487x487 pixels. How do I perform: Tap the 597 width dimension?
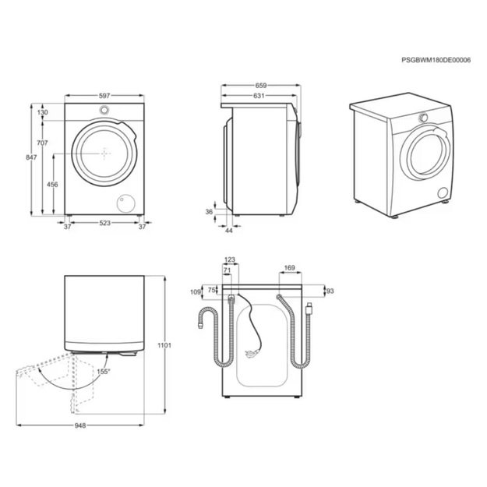(x=104, y=96)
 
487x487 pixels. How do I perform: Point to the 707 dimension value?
(x=43, y=143)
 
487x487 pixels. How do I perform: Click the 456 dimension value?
(x=53, y=185)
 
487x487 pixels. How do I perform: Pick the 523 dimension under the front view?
(x=104, y=224)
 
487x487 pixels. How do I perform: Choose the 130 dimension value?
(x=43, y=113)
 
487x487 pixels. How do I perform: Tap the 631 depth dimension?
(x=258, y=96)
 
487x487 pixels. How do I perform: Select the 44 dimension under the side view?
(x=228, y=231)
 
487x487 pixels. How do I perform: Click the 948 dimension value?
(x=80, y=425)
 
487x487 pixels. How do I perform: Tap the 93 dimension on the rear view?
(x=329, y=291)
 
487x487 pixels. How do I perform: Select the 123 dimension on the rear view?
(x=229, y=259)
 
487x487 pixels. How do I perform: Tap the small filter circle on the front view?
(x=124, y=203)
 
